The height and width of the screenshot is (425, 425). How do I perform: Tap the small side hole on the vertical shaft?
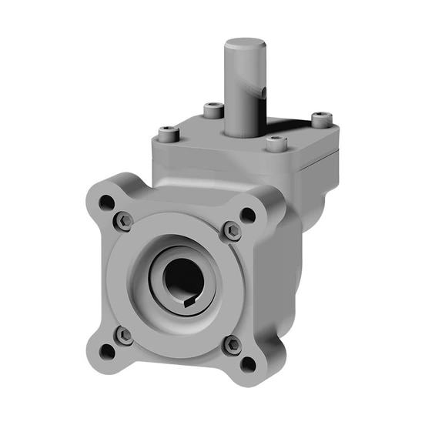(x=262, y=93)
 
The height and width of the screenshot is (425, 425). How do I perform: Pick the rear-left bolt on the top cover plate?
(x=211, y=110)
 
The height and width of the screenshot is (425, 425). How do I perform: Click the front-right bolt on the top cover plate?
(x=278, y=143)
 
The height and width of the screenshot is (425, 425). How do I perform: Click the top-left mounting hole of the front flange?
(x=107, y=203)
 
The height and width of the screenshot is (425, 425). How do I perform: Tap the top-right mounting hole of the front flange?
(x=247, y=216)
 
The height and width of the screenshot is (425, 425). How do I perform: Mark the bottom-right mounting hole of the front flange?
(x=248, y=364)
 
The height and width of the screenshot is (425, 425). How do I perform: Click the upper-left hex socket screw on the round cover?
(x=126, y=222)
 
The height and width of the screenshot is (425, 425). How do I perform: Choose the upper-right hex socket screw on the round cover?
(x=232, y=230)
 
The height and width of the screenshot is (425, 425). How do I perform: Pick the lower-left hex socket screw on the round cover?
(x=123, y=334)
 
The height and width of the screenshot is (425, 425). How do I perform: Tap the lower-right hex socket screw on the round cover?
(x=231, y=346)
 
